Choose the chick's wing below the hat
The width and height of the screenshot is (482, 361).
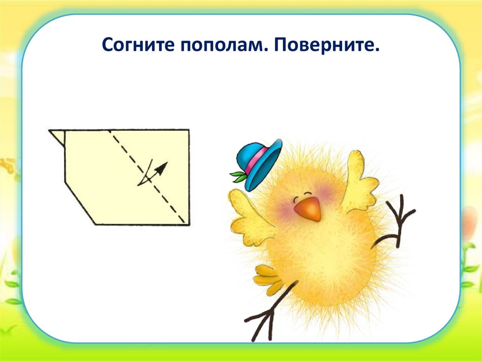(x=247, y=219)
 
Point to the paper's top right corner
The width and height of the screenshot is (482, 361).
(x=189, y=129)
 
